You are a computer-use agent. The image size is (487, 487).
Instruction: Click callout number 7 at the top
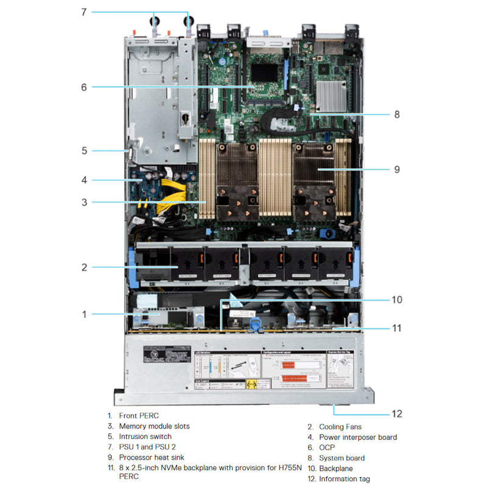pos(84,11)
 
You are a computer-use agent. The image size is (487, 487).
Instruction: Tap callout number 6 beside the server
pos(84,87)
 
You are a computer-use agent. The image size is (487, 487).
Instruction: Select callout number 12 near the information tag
pos(397,414)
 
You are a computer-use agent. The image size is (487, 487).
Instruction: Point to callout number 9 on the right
pos(397,169)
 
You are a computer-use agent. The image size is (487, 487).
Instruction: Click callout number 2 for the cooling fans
pos(84,267)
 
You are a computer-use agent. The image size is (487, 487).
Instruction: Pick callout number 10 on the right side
pos(397,300)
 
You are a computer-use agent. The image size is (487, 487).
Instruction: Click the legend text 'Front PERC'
pos(139,416)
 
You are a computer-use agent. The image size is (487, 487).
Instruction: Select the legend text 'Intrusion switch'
pos(145,436)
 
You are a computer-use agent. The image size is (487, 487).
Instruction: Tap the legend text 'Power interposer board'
pos(358,437)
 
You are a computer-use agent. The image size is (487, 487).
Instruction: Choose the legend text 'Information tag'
pos(344,479)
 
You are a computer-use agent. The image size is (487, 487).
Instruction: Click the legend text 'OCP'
pos(327,447)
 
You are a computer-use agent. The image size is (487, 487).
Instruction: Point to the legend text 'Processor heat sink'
pos(152,457)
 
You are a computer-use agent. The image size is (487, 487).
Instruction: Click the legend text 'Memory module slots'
pos(154,426)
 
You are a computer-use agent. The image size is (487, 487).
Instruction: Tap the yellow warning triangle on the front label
pos(250,385)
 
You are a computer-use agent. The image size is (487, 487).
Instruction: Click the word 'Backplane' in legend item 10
pos(336,469)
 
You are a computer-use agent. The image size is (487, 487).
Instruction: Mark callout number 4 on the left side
pos(84,180)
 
